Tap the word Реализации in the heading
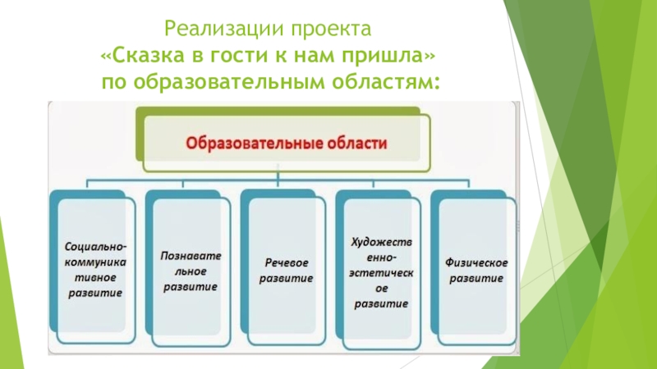[x=214, y=31]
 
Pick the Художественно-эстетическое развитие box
[x=380, y=266]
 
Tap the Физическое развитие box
[x=476, y=266]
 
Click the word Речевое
[x=286, y=263]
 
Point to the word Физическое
[x=476, y=262]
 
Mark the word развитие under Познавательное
[x=190, y=288]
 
